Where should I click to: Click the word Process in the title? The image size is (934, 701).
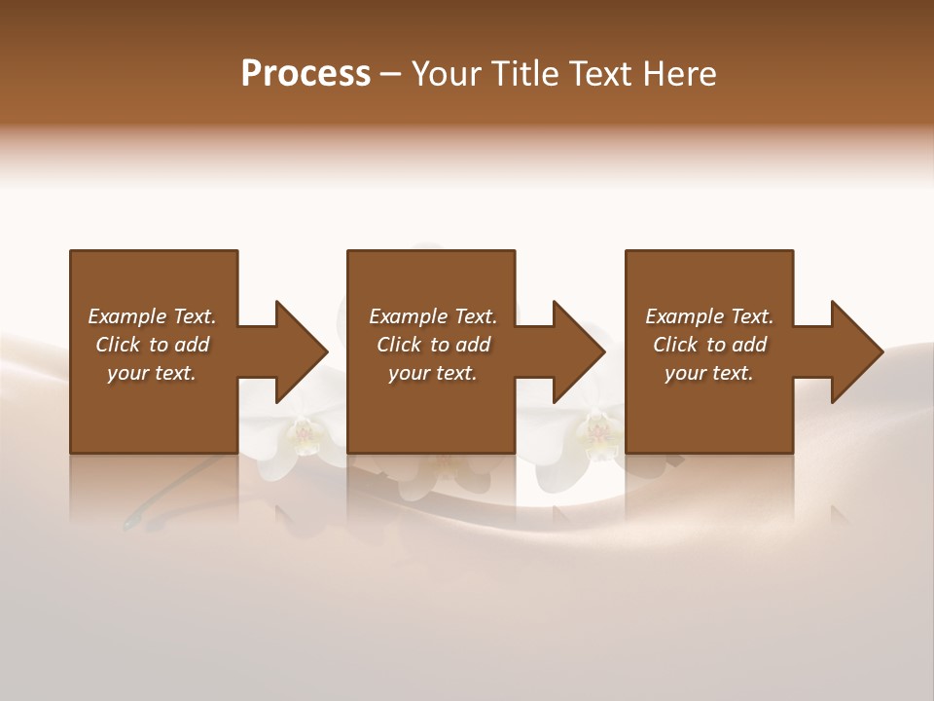(305, 74)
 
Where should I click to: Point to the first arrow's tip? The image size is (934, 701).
(326, 351)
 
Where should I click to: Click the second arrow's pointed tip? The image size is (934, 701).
(603, 351)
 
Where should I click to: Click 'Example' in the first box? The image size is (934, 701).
(126, 316)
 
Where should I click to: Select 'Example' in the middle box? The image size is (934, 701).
(408, 316)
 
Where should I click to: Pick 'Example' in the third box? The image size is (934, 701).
(684, 316)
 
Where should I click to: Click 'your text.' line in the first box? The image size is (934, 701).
(152, 373)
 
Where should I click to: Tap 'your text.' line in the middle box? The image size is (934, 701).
(433, 373)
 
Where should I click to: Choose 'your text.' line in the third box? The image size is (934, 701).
(709, 373)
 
